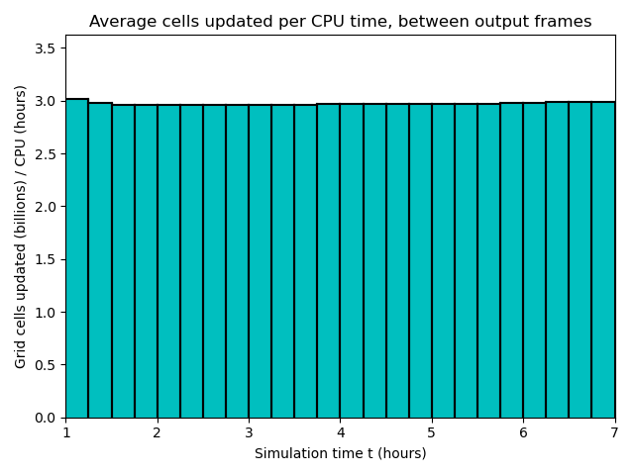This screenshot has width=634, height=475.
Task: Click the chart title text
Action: coord(340,22)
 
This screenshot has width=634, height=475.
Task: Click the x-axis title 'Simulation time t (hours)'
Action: coord(340,453)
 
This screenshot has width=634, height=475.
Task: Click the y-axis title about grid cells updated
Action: coord(21,227)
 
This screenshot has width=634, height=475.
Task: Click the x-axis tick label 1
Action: coord(66,433)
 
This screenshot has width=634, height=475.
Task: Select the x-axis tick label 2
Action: coord(158,433)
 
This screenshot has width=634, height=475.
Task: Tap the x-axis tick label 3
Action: coord(249,433)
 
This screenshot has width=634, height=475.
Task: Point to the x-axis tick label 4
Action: coord(340,433)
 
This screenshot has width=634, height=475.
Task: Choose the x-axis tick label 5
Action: coord(431,433)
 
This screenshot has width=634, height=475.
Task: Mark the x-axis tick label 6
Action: coord(523,433)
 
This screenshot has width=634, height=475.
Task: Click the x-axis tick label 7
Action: coord(614,433)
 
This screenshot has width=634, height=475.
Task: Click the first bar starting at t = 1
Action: coord(77,257)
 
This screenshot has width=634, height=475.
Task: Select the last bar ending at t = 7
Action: coord(602,257)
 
